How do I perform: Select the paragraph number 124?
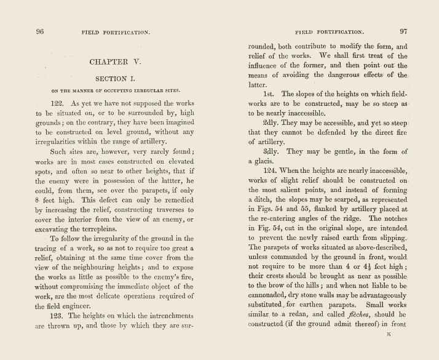pyautogui.click(x=271, y=170)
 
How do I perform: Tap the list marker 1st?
pyautogui.click(x=271, y=94)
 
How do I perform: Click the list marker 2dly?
pyautogui.click(x=272, y=122)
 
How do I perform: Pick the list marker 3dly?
pyautogui.click(x=272, y=151)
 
